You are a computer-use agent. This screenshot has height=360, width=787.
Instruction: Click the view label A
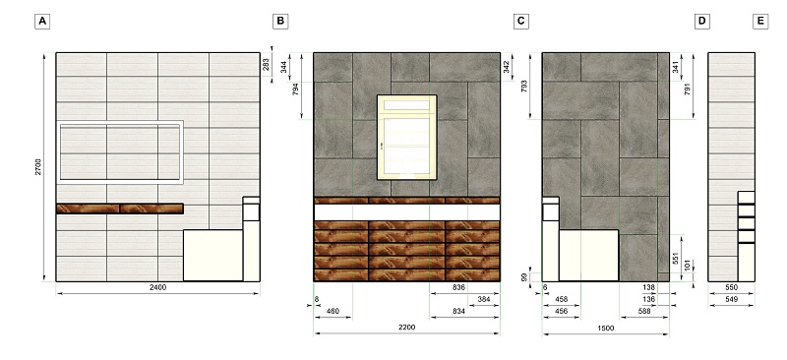(x=42, y=22)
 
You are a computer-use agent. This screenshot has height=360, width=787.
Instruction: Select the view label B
(x=280, y=22)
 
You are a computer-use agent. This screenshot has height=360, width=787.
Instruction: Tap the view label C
(x=521, y=22)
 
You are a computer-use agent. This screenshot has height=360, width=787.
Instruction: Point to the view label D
(x=701, y=22)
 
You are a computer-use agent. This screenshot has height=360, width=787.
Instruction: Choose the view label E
(x=760, y=22)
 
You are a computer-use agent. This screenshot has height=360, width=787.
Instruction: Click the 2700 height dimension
(x=38, y=166)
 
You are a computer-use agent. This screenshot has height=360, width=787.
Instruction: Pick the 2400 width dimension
(x=157, y=287)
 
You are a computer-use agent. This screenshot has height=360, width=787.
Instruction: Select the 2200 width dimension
(x=406, y=328)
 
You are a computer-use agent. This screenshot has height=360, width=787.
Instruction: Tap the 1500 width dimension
(x=606, y=329)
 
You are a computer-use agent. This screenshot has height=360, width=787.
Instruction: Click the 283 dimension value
(x=266, y=65)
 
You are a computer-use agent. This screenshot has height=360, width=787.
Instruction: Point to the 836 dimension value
(x=458, y=287)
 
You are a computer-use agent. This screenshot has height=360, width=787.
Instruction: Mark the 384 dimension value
(x=484, y=299)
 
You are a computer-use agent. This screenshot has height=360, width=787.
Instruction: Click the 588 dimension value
(x=644, y=311)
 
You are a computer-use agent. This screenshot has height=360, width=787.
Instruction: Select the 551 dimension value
(x=676, y=258)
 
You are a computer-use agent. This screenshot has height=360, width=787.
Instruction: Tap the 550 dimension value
(x=731, y=288)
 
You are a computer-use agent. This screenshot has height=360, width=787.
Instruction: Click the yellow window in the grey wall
(x=407, y=137)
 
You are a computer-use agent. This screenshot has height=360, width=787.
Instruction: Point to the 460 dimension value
(x=333, y=311)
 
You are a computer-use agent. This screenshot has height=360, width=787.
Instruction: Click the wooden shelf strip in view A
(x=120, y=209)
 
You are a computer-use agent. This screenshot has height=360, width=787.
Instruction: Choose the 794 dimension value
(x=296, y=90)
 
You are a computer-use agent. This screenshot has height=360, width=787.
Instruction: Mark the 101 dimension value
(x=688, y=265)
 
